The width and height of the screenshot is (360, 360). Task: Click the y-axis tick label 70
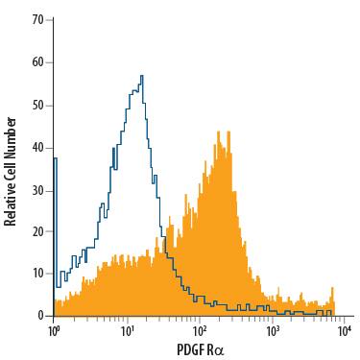pyautogui.click(x=37, y=19)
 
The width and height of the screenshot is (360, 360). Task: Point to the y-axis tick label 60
pyautogui.click(x=37, y=62)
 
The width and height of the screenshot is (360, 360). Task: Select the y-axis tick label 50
pyautogui.click(x=37, y=105)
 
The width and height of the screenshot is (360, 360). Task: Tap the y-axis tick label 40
pyautogui.click(x=37, y=147)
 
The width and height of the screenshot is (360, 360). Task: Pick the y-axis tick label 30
pyautogui.click(x=37, y=189)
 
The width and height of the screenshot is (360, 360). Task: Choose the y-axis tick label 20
pyautogui.click(x=37, y=231)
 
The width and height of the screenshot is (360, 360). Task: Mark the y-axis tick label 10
pyautogui.click(x=37, y=274)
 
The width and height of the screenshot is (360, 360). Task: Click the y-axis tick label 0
pyautogui.click(x=40, y=315)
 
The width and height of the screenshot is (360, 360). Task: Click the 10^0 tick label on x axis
pyautogui.click(x=55, y=331)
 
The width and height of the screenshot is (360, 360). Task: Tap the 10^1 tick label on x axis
pyautogui.click(x=128, y=331)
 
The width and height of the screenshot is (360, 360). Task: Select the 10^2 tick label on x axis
pyautogui.click(x=200, y=331)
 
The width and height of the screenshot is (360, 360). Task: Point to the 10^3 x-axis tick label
pyautogui.click(x=273, y=331)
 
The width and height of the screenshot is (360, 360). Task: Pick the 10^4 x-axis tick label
pyautogui.click(x=345, y=331)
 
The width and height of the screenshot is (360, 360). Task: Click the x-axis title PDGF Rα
pyautogui.click(x=198, y=350)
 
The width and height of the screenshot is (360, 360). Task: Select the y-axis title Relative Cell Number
pyautogui.click(x=11, y=170)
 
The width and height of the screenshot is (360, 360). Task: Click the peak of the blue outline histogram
pyautogui.click(x=142, y=77)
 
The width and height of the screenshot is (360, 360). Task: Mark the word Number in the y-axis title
pyautogui.click(x=11, y=135)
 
